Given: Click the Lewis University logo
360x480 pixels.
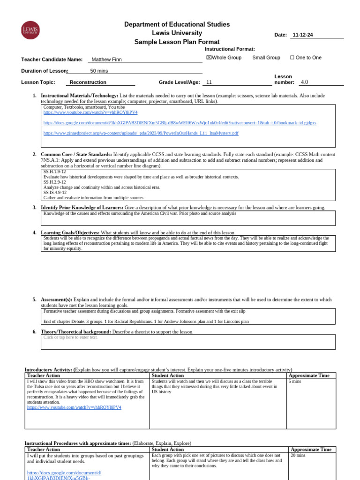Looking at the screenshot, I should [30, 30].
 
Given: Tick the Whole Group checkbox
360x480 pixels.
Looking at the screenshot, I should [209, 58].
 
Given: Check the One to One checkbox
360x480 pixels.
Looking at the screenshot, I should [292, 58].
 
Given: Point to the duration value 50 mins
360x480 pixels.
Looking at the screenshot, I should [99, 71].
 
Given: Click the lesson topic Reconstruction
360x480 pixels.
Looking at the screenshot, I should [88, 82].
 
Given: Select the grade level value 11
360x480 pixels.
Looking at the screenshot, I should [209, 82].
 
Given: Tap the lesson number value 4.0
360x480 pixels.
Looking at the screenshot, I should [304, 82].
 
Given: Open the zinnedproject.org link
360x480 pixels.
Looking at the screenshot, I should [141, 133].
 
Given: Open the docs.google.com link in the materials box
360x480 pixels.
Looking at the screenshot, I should [180, 123].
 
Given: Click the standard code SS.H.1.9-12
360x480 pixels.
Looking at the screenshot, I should [55, 172].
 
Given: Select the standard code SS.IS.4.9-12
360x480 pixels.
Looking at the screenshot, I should [55, 192].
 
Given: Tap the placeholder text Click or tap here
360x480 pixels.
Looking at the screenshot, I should [70, 337].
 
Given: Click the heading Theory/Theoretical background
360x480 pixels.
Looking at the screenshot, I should [75, 332].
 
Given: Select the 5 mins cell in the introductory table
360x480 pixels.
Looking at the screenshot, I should [295, 382].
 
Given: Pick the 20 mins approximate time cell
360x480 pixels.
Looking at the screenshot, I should [298, 455].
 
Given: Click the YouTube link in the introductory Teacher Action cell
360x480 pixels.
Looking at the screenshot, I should [74, 407].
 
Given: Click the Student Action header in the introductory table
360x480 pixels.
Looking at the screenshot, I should [167, 375].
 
